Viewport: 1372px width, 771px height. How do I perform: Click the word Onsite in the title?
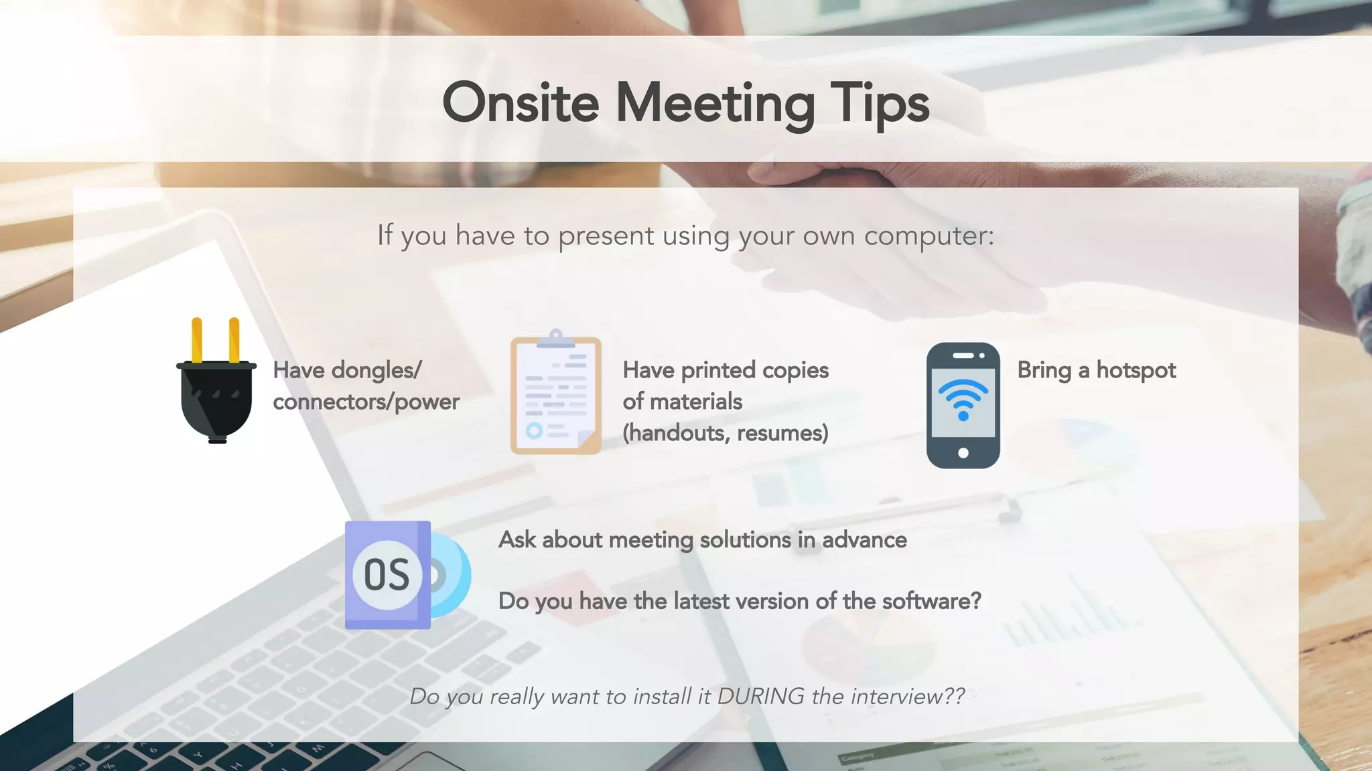tap(521, 103)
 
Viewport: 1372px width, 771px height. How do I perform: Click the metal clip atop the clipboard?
tap(555, 339)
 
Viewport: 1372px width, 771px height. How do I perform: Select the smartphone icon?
tap(963, 406)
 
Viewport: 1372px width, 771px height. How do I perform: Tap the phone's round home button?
tap(963, 453)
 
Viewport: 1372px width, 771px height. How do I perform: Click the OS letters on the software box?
tap(387, 575)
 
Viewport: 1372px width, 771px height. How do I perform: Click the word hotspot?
tap(1136, 370)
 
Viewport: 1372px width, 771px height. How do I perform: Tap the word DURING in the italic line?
tap(760, 696)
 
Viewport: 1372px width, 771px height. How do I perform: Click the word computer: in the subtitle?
tap(929, 236)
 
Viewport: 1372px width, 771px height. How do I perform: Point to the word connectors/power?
tap(366, 402)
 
